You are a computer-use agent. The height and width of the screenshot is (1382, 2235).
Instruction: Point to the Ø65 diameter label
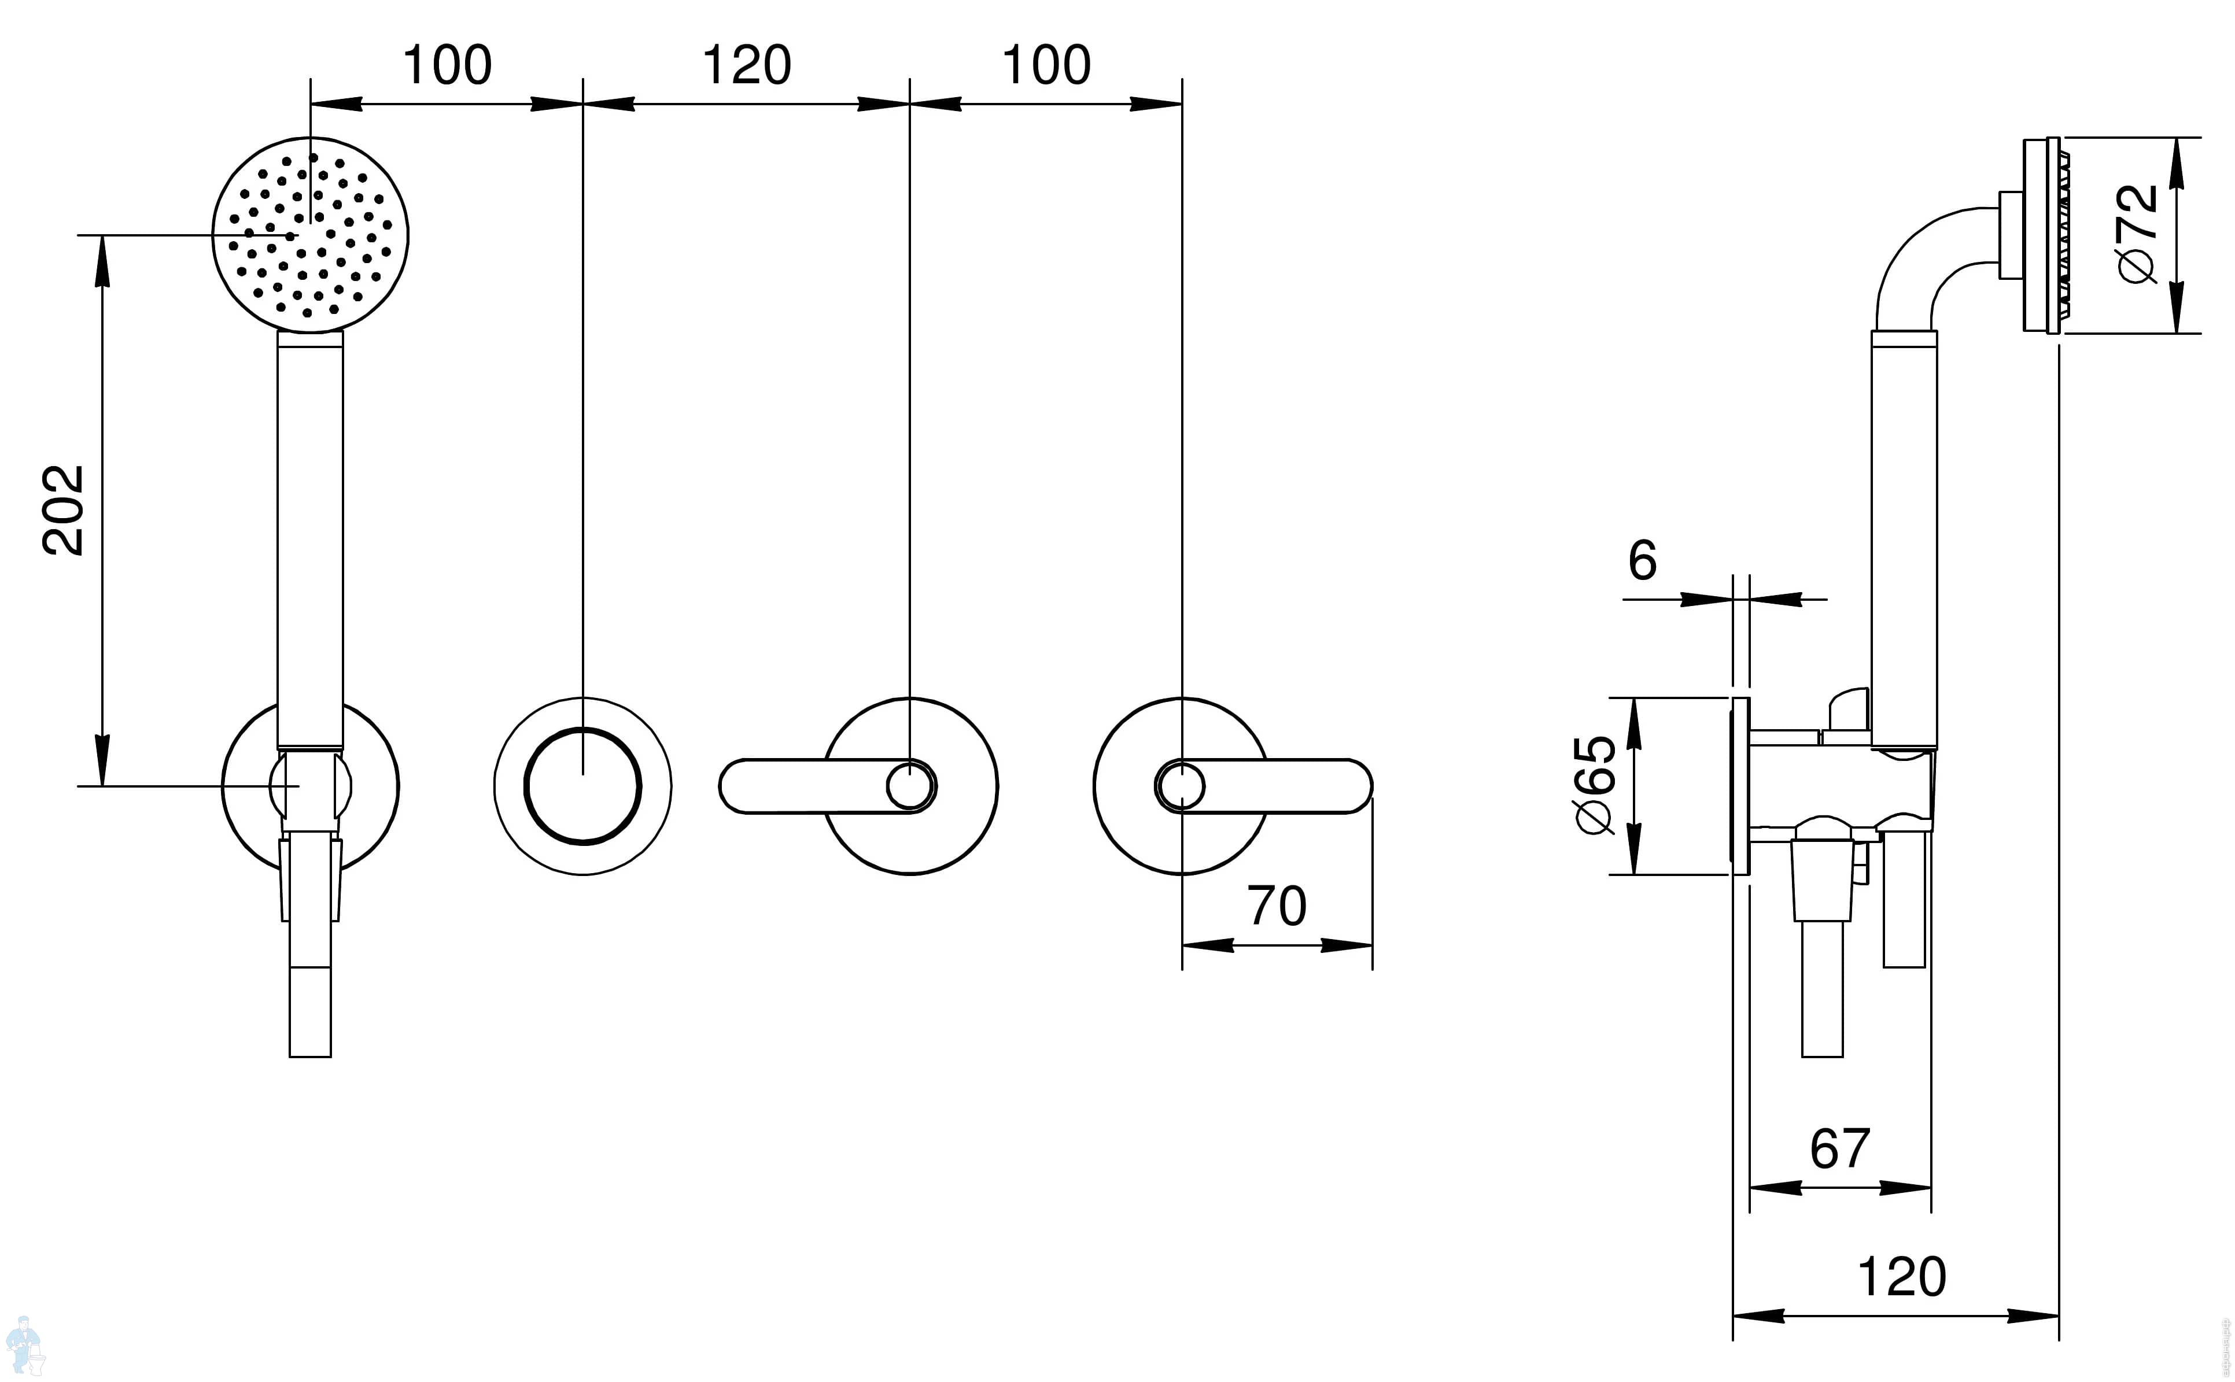coord(1596,784)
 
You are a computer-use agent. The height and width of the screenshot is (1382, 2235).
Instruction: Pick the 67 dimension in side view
coord(1840,1149)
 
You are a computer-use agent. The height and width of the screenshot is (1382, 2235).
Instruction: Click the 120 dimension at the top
coord(746,66)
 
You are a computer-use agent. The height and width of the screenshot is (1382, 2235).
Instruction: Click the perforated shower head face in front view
coord(310,235)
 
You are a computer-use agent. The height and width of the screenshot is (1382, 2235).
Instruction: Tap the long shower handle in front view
coord(310,540)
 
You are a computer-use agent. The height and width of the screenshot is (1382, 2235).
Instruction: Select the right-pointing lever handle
coord(1289,785)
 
